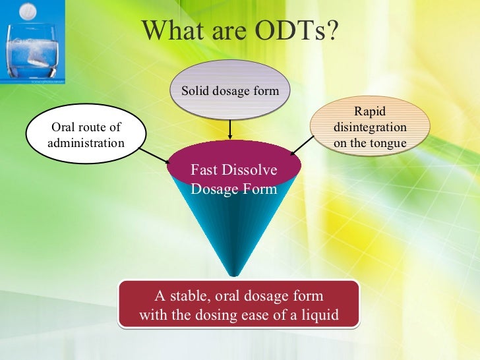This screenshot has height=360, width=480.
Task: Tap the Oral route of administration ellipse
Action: [86, 135]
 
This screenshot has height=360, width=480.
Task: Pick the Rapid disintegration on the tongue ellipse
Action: [369, 127]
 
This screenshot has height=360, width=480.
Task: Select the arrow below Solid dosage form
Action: [229, 129]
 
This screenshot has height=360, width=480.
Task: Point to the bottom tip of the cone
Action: [231, 274]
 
